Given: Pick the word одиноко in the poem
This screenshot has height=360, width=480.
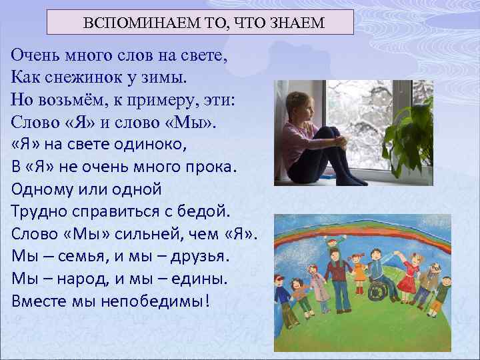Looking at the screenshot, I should pyautogui.click(x=137, y=145).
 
